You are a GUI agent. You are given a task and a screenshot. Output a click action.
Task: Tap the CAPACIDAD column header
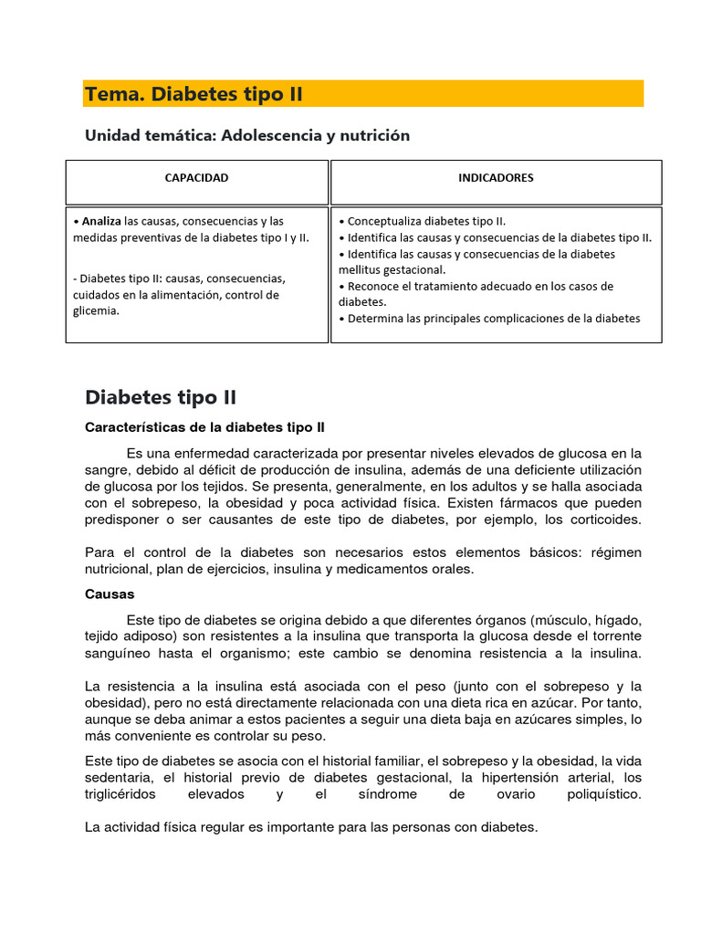tap(196, 178)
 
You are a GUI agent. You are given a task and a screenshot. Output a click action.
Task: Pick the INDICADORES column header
tap(496, 178)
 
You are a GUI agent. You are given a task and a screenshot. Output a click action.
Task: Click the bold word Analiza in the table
tap(101, 221)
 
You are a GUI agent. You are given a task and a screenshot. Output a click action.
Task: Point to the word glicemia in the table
tap(96, 310)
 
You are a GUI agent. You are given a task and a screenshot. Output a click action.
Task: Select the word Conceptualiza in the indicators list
tap(385, 221)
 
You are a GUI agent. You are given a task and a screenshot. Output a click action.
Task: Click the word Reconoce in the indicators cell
tap(373, 286)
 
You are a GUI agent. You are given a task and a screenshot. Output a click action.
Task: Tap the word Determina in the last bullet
tap(377, 319)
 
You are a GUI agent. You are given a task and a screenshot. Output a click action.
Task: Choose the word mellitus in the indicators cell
tap(360, 269)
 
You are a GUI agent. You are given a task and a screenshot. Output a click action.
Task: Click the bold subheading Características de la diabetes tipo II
tap(204, 426)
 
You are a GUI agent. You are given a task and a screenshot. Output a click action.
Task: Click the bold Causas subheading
tap(110, 594)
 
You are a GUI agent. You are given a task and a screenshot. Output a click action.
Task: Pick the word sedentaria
tap(119, 777)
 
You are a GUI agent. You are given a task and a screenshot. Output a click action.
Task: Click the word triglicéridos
tap(120, 794)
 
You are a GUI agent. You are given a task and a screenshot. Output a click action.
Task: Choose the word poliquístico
tap(604, 794)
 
